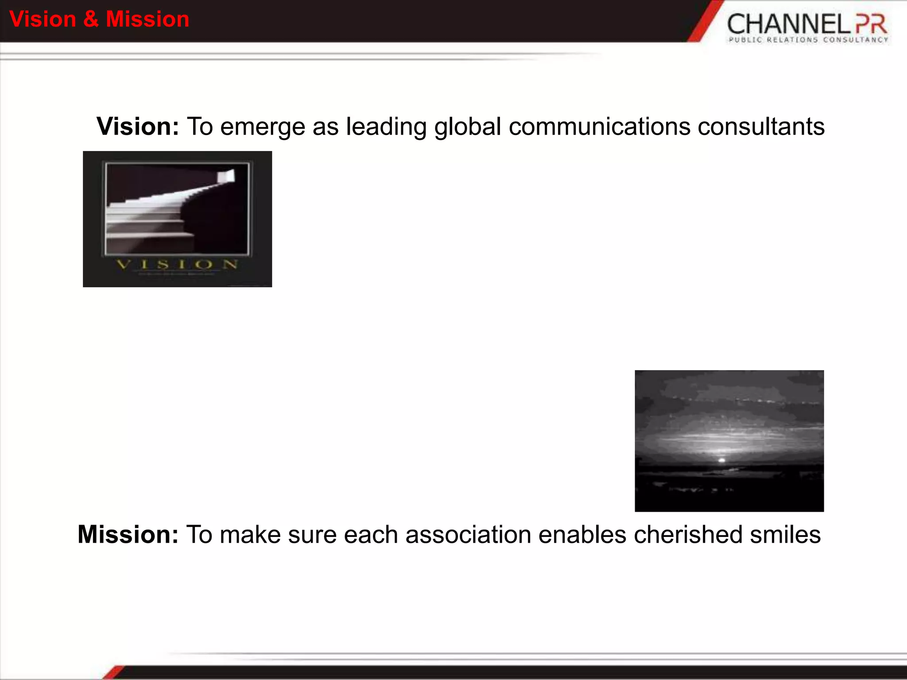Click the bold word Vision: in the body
click(x=138, y=127)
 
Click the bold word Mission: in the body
click(x=128, y=534)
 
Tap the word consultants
click(x=761, y=127)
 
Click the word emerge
click(x=263, y=127)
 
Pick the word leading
click(x=386, y=127)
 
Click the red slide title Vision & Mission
click(x=99, y=19)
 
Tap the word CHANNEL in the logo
click(x=788, y=24)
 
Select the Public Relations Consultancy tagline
click(x=808, y=40)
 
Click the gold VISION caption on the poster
click(x=177, y=265)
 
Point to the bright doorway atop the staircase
click(x=226, y=176)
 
